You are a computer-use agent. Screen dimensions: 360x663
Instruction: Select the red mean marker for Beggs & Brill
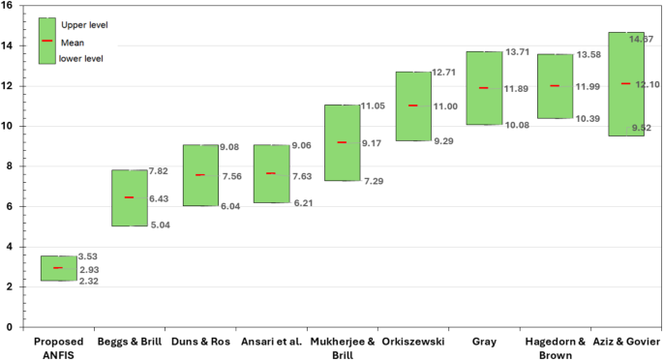click(130, 197)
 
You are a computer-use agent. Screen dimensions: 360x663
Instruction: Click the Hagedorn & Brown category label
click(555, 348)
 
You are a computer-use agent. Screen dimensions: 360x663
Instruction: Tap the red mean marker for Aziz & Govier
click(625, 83)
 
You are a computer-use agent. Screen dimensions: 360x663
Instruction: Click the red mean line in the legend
click(47, 41)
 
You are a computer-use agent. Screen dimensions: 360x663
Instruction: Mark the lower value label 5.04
click(161, 226)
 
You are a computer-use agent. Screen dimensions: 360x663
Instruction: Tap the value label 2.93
click(89, 269)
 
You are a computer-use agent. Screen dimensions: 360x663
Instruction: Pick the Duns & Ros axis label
click(200, 342)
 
